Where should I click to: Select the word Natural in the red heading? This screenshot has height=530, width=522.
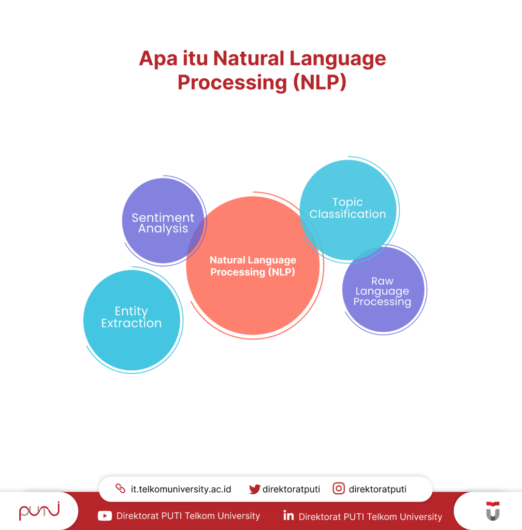point(248,58)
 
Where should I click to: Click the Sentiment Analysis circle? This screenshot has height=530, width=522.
point(155,207)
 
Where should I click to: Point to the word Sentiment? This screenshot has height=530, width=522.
point(163,218)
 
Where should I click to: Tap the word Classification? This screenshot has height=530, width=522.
point(348,214)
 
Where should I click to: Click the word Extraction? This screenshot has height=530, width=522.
point(132,323)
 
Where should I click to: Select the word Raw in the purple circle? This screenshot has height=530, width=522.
point(382,281)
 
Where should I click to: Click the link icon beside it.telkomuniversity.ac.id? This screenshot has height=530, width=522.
point(120,489)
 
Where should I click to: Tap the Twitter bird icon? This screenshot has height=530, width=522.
point(254,489)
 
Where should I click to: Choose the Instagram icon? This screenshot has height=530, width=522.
point(339,489)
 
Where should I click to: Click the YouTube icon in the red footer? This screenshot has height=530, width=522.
point(105,516)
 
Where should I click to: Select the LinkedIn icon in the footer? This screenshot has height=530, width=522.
point(288,516)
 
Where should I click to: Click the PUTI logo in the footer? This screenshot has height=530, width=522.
point(39,511)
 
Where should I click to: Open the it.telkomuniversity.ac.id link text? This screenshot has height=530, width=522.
point(181,489)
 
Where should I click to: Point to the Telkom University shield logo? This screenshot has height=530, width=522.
point(492,511)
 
